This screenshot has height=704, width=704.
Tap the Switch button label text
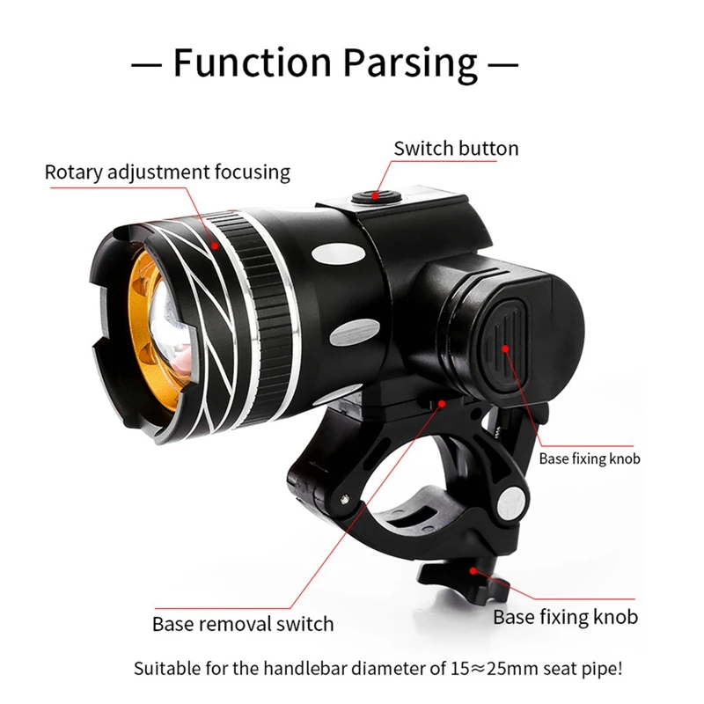pos(456,148)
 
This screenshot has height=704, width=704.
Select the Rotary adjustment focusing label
pos(167,171)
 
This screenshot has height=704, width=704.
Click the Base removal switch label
pos(243,624)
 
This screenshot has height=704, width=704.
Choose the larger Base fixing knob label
pos(565,616)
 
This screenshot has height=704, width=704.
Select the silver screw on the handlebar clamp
pos(507,502)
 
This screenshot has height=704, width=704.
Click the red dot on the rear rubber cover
pos(507,348)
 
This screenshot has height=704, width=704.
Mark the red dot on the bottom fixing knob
pos(474,569)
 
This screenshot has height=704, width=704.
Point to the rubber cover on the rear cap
pos(506,339)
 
